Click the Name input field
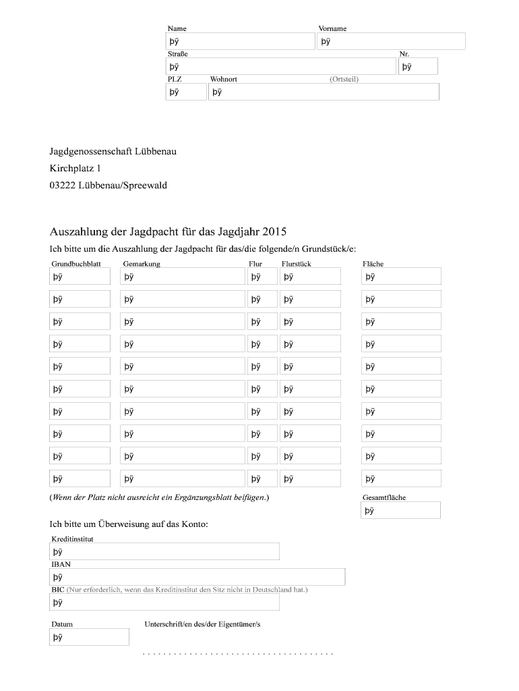241,42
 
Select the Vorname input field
391,42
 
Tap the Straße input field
281,66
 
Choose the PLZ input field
186,92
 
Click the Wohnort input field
324,92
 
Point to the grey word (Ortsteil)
344,79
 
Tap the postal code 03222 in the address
62,185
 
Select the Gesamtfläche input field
401,511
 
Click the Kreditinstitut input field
164,552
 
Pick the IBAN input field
197,577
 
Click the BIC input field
164,603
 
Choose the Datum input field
90,637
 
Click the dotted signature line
239,654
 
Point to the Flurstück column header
296,264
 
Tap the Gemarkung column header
142,264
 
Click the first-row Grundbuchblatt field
80,277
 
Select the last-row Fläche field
401,479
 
